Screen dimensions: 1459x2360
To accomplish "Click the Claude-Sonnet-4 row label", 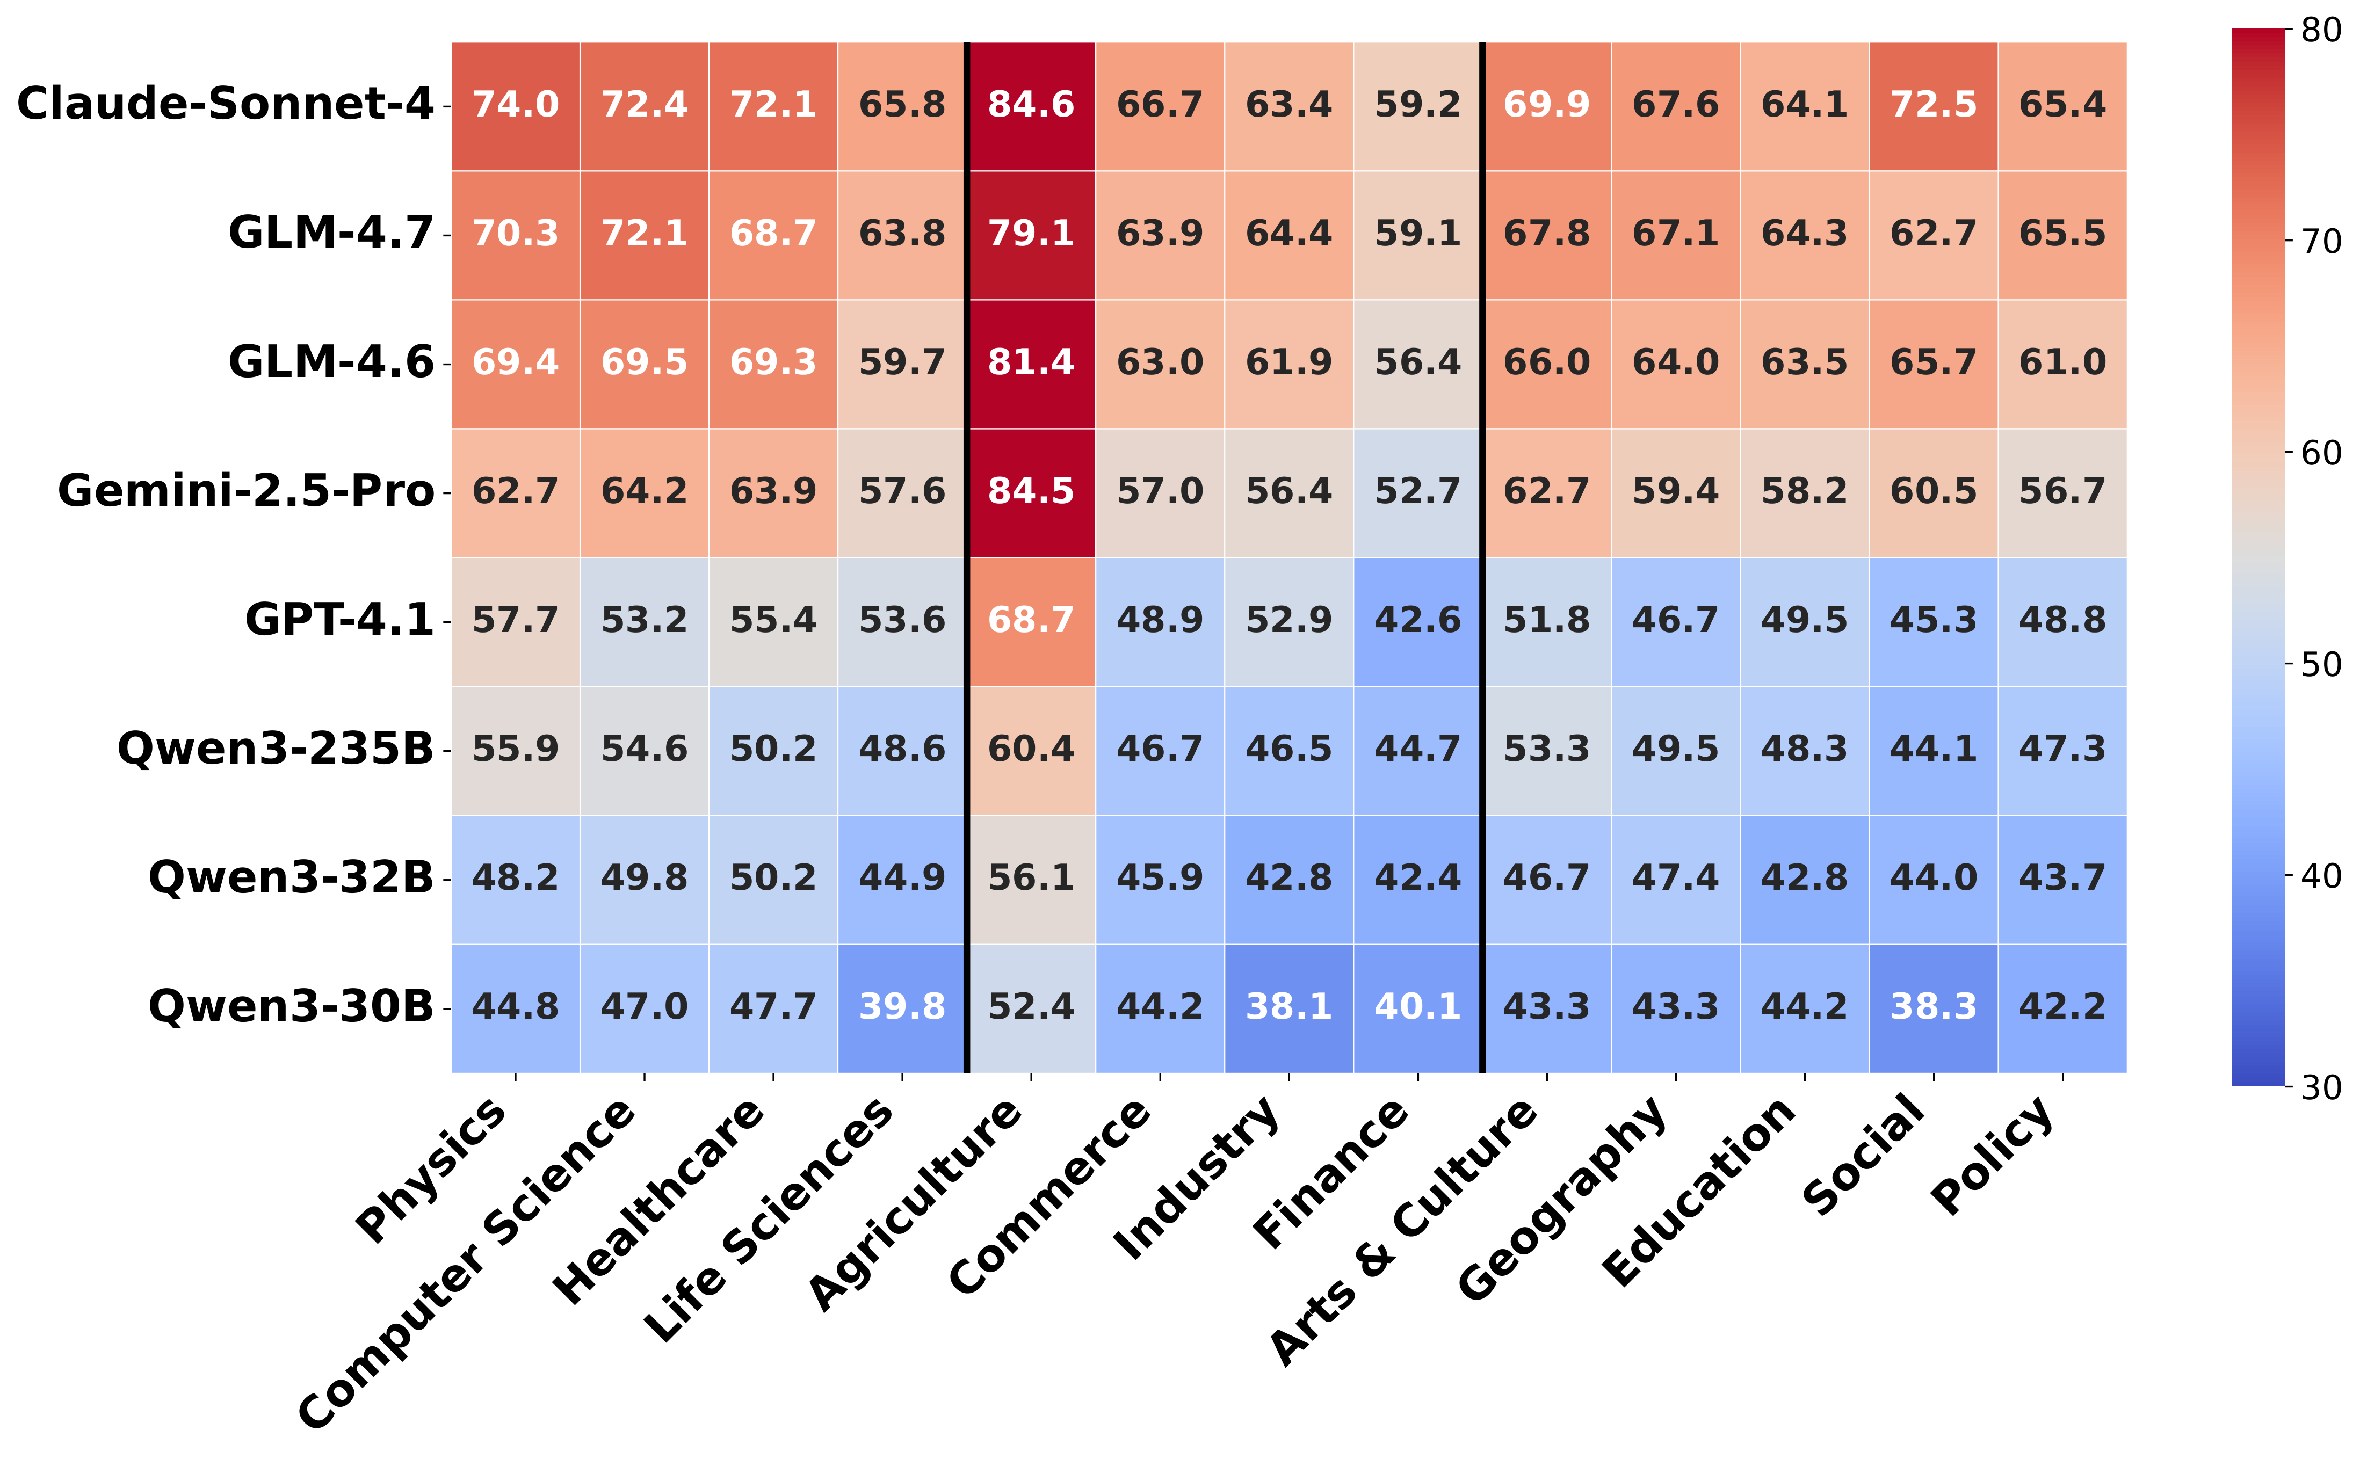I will pos(225,104).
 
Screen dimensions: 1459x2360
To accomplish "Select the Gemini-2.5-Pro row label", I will pos(246,491).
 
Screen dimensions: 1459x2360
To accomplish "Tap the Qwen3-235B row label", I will pos(275,749).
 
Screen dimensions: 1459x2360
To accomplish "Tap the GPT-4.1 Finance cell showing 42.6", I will pos(1417,620).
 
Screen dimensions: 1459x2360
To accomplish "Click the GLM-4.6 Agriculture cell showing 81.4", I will pos(1031,363).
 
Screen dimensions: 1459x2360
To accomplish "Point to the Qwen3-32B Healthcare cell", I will pos(773,878).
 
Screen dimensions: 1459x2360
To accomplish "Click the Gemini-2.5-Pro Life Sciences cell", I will pos(902,492).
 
